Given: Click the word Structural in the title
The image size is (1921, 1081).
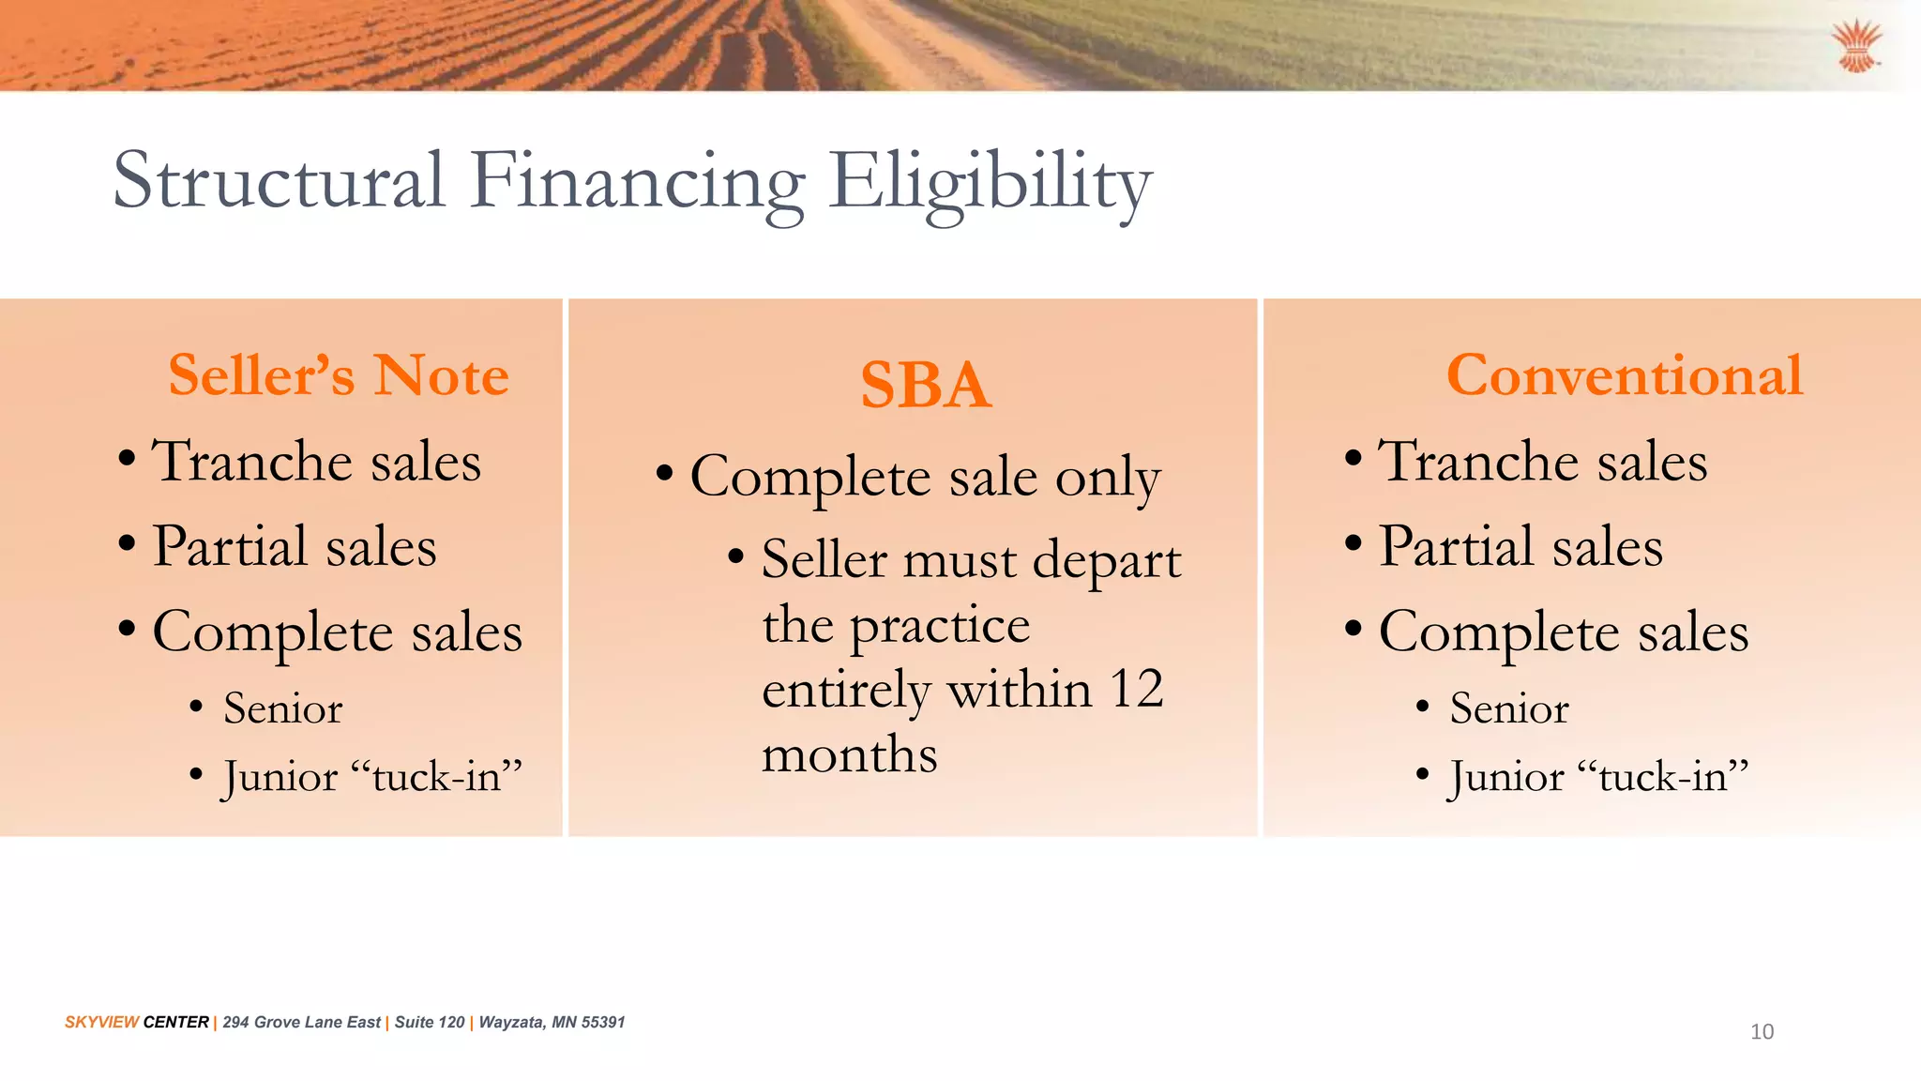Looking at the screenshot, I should click(x=279, y=181).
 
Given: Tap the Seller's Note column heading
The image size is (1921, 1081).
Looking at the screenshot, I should click(x=339, y=375).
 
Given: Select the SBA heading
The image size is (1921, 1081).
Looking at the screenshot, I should click(x=926, y=386).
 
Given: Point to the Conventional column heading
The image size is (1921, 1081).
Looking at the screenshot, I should click(x=1624, y=375).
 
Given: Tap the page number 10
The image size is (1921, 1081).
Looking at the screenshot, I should click(x=1762, y=1032).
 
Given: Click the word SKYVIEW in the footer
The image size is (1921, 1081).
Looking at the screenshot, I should click(x=101, y=1022).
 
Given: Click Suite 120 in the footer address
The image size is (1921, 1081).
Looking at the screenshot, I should click(x=430, y=1022).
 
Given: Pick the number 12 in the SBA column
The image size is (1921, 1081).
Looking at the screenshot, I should click(x=1136, y=690).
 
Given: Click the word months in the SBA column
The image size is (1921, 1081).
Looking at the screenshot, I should click(x=850, y=755).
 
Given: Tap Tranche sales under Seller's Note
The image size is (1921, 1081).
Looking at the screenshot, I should click(x=316, y=462).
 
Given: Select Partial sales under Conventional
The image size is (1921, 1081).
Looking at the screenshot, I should click(x=1520, y=547).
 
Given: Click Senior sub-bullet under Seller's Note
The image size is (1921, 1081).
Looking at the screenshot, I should click(x=282, y=708).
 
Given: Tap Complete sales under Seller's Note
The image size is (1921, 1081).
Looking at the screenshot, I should click(x=337, y=632).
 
